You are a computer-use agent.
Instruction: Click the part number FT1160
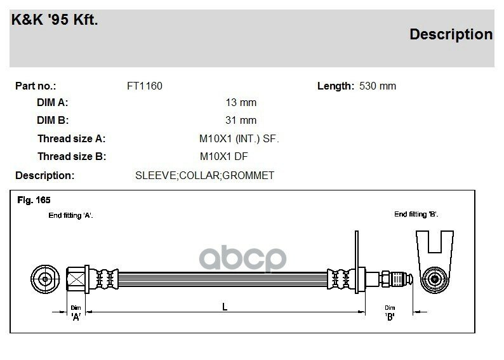click(145, 86)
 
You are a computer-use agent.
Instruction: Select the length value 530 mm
click(378, 86)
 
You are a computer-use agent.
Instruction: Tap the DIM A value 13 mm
click(241, 102)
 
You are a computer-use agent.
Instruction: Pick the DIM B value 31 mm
click(241, 120)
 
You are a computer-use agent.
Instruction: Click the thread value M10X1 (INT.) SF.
click(239, 139)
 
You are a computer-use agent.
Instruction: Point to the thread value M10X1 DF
click(223, 157)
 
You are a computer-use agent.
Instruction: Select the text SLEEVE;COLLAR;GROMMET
click(205, 175)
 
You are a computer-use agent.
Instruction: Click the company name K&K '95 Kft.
click(55, 20)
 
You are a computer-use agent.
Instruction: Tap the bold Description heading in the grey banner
click(451, 34)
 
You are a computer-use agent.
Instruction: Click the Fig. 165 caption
click(34, 200)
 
